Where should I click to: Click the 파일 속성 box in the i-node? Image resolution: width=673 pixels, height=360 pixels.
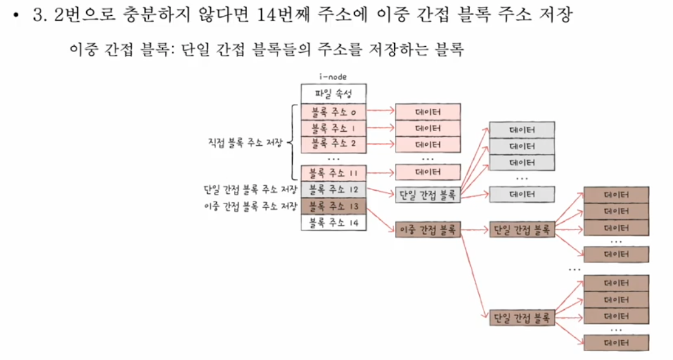tap(333, 94)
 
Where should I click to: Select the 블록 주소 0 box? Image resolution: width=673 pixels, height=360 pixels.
tap(333, 112)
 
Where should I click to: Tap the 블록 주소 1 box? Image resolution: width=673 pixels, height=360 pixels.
tap(333, 128)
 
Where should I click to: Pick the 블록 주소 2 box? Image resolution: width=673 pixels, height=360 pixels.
tap(333, 144)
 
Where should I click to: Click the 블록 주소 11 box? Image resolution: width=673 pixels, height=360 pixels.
tap(333, 172)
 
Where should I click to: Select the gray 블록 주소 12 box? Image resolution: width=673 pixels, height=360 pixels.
tap(333, 189)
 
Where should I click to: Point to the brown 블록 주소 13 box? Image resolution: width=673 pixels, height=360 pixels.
tap(333, 206)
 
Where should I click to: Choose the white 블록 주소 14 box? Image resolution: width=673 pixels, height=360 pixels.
tap(333, 222)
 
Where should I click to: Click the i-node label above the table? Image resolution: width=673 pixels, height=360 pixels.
tap(333, 77)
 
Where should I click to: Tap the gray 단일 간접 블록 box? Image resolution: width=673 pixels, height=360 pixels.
tap(428, 195)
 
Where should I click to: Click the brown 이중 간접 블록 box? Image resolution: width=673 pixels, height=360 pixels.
tap(428, 229)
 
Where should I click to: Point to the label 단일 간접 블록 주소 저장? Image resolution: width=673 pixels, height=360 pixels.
tap(250, 189)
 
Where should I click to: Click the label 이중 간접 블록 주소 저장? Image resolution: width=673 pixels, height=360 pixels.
tap(250, 206)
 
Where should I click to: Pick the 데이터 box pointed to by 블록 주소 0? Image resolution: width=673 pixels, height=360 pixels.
tap(428, 112)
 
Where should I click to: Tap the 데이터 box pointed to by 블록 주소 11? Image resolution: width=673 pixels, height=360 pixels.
tap(428, 172)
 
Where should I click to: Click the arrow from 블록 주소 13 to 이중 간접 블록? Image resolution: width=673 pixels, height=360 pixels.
tap(380, 219)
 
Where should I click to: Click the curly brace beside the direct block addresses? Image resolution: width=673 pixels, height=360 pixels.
tap(292, 143)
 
